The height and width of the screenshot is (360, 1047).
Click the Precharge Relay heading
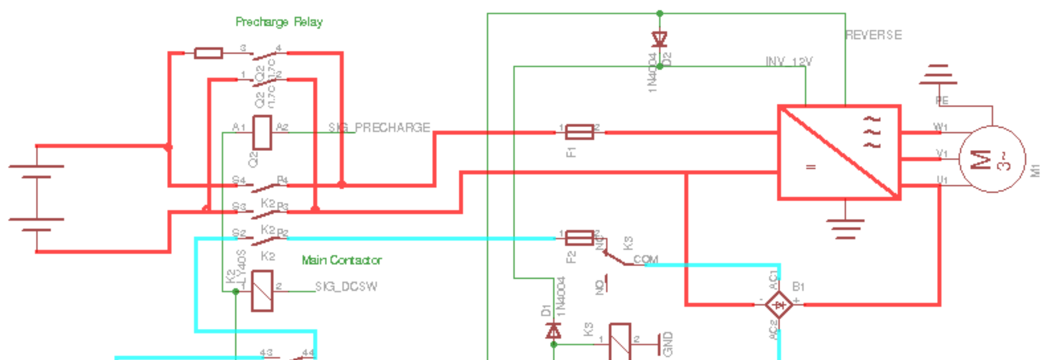(279, 22)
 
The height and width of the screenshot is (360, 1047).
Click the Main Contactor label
(341, 260)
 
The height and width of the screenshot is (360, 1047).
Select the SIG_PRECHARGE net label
(379, 128)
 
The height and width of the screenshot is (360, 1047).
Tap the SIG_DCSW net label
(346, 286)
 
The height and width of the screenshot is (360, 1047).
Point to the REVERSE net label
(874, 35)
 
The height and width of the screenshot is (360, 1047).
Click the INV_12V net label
(789, 62)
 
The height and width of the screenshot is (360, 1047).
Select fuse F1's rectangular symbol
(580, 132)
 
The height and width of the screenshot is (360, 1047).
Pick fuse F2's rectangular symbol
(580, 238)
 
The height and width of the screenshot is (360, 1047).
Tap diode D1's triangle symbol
(554, 330)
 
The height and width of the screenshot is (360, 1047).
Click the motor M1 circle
(991, 159)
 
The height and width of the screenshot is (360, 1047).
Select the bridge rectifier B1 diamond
(779, 304)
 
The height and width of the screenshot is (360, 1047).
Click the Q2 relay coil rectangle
(262, 133)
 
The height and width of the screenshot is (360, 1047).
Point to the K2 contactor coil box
(262, 291)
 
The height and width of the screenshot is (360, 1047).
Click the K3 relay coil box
(619, 341)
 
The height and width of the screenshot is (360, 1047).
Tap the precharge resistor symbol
(209, 53)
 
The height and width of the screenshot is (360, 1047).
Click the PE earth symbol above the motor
(938, 75)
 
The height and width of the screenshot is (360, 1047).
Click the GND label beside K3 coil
(668, 344)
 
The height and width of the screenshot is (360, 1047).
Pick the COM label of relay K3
(645, 259)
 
